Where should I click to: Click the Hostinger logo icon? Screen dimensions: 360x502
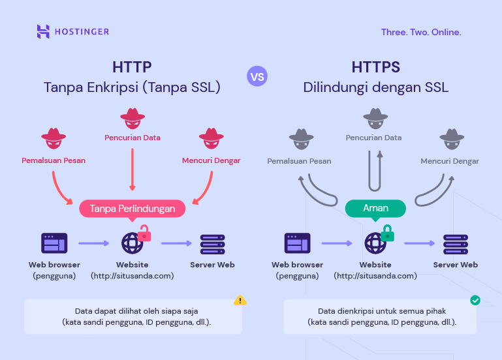tap(44, 31)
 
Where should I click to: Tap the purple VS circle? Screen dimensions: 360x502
tap(257, 76)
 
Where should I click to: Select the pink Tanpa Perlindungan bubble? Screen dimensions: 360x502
tap(133, 209)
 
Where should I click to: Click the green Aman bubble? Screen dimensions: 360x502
tap(375, 208)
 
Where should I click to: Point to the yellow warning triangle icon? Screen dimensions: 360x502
tap(240, 301)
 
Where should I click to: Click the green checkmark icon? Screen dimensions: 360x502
tap(475, 301)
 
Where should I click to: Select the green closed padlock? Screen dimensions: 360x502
tap(388, 232)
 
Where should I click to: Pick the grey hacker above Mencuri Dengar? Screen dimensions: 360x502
tap(451, 138)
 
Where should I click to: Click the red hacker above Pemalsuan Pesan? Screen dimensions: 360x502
tap(54, 138)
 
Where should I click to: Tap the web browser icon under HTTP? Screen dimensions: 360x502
tap(54, 243)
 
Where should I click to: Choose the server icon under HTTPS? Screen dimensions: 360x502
tap(456, 243)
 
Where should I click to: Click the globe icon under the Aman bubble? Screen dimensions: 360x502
tap(375, 243)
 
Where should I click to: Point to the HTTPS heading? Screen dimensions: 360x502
tap(375, 67)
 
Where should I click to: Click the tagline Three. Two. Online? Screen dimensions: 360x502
tap(421, 32)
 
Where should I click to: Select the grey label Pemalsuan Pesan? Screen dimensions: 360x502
tap(299, 161)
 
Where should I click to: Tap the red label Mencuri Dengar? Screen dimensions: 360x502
tap(212, 160)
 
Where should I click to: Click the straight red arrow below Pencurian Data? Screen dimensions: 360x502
tap(133, 169)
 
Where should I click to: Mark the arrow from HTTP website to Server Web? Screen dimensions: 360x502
tap(176, 243)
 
